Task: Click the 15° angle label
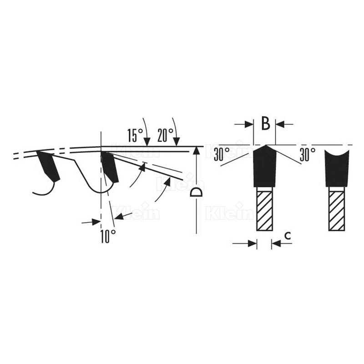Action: click(135, 135)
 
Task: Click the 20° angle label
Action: click(165, 135)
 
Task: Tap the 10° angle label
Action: click(108, 236)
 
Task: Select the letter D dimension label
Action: click(196, 192)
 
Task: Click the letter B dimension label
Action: click(266, 123)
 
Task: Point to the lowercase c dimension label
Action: click(288, 236)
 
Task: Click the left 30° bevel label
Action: click(222, 154)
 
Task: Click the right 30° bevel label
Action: click(308, 154)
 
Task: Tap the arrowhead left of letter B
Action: click(249, 124)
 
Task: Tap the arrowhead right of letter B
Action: click(280, 124)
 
